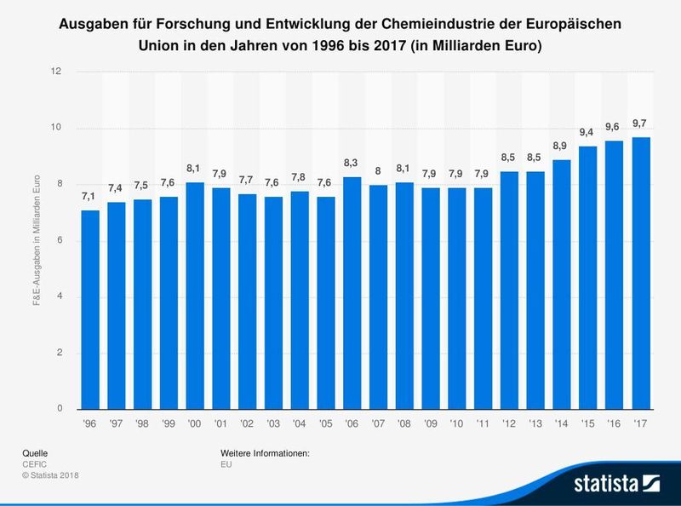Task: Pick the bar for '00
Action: (x=194, y=296)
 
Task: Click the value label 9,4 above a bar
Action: (x=587, y=132)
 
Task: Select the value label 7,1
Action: (x=89, y=197)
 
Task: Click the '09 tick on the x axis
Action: (x=430, y=422)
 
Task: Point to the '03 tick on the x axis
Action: (x=272, y=422)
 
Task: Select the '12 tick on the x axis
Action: (x=509, y=422)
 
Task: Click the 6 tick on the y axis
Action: (x=58, y=241)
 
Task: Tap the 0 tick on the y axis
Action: (x=58, y=409)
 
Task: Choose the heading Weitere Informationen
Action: (x=264, y=453)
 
